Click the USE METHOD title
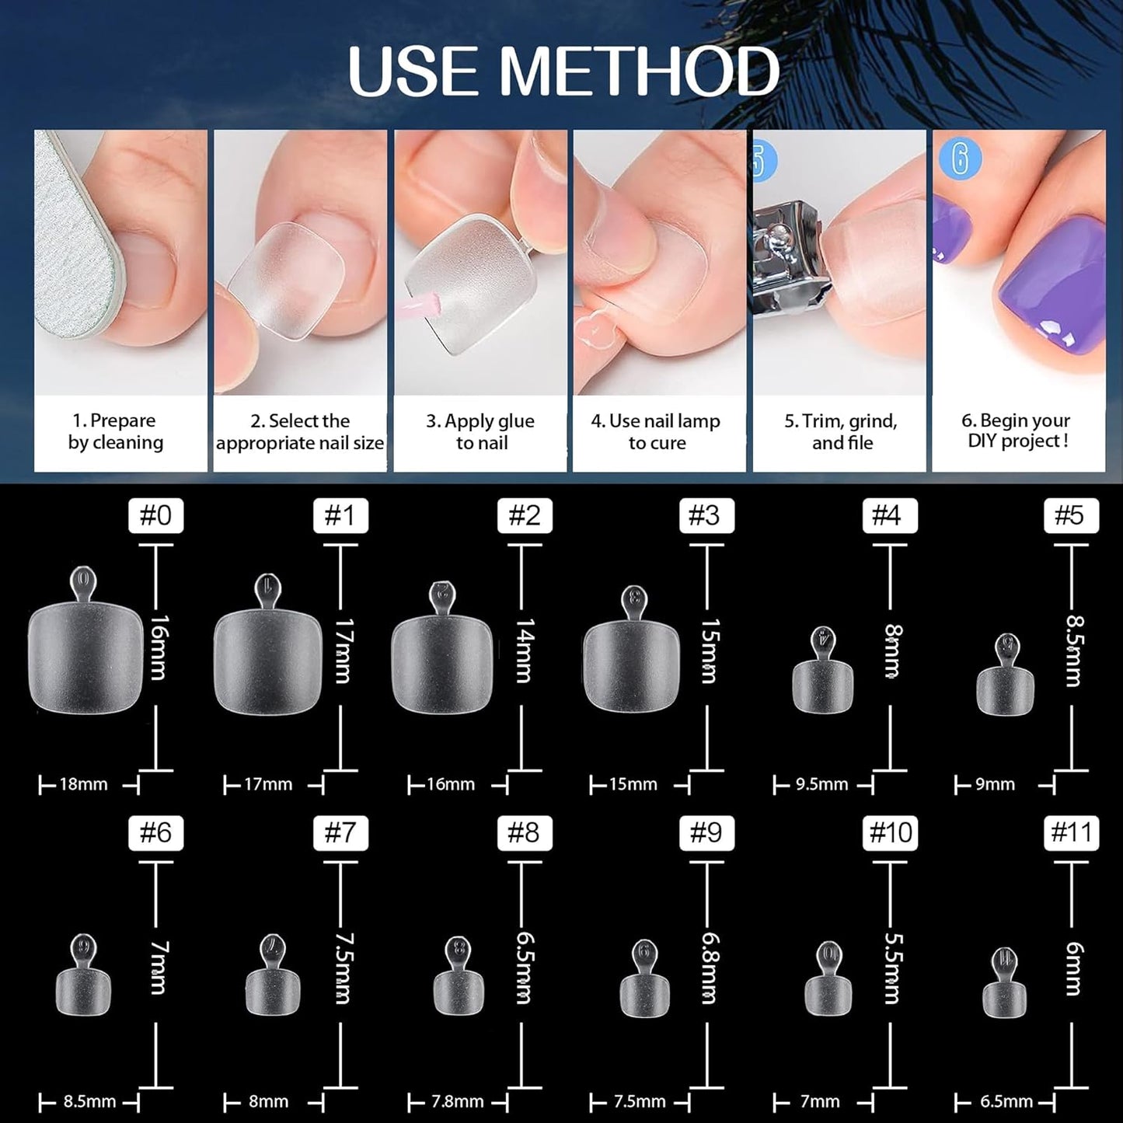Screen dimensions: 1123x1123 click(563, 71)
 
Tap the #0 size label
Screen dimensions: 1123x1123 click(155, 515)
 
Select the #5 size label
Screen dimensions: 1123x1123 click(1070, 515)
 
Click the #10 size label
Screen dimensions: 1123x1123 click(890, 833)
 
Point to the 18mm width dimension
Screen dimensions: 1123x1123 click(83, 785)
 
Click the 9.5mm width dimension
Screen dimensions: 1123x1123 click(821, 785)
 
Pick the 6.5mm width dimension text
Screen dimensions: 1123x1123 click(1006, 1102)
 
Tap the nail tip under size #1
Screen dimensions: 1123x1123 click(267, 661)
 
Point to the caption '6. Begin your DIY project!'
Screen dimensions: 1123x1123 click(1017, 431)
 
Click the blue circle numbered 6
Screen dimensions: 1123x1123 click(960, 159)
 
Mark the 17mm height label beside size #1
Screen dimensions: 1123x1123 click(342, 651)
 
